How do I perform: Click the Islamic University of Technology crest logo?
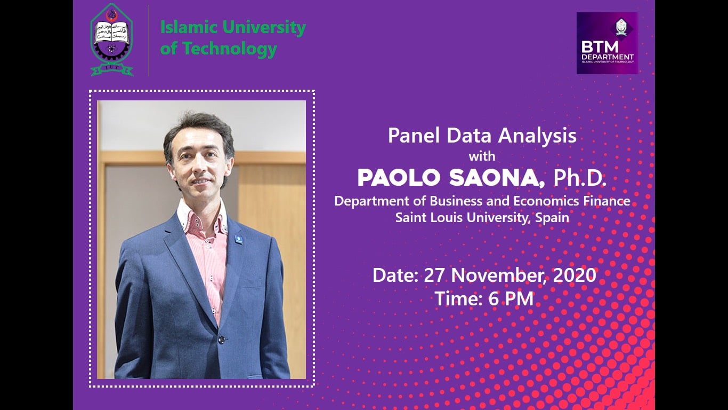112,40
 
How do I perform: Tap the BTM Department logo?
607,43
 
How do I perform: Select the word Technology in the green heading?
230,49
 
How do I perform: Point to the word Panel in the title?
415,136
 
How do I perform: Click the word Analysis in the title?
537,136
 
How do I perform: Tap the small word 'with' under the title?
482,156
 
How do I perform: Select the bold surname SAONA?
497,178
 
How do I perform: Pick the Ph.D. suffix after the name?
580,178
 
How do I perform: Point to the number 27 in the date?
435,275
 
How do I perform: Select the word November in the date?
499,275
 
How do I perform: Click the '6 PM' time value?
511,298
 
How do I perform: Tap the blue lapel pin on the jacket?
239,239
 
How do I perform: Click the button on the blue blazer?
221,340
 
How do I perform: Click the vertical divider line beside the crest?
149,41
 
